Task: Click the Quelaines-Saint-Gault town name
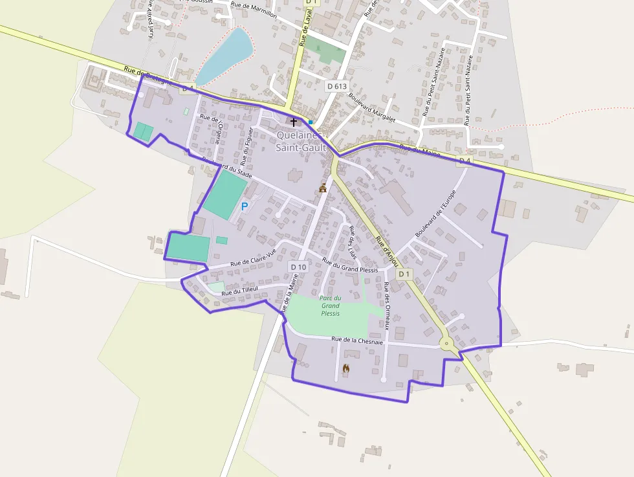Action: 299,141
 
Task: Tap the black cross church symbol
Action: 293,122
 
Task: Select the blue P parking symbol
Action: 244,206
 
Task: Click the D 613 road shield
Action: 336,85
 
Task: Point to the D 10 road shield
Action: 298,267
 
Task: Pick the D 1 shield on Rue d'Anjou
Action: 404,274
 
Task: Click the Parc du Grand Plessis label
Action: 330,305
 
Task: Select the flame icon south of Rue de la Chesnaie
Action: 346,368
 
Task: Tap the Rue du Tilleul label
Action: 240,291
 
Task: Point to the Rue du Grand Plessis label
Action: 350,267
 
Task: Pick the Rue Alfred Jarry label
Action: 151,18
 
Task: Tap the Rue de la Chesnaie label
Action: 357,340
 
